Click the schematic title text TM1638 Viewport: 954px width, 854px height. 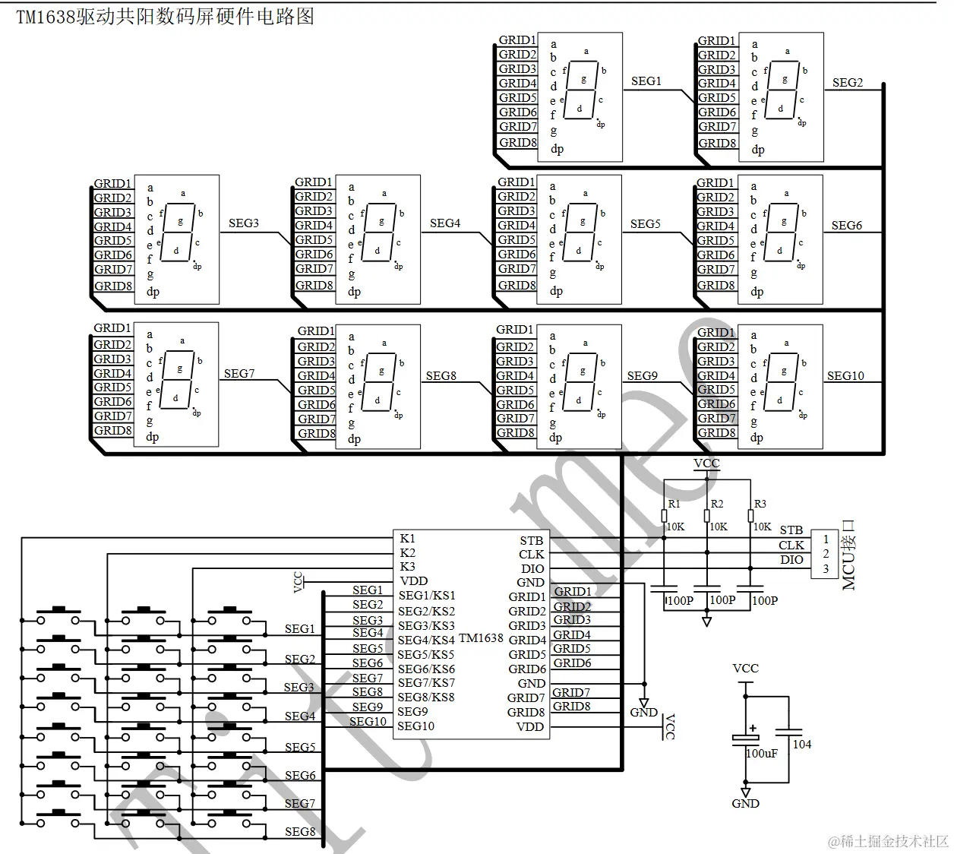[46, 17]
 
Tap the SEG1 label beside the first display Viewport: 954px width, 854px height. [646, 81]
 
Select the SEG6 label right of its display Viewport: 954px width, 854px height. [846, 226]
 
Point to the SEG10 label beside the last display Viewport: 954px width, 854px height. [845, 376]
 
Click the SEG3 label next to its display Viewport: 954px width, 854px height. [243, 223]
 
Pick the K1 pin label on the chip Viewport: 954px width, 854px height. [407, 539]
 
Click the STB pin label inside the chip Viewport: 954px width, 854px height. [531, 541]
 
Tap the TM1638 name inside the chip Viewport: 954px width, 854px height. [481, 638]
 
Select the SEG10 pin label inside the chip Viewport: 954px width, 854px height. [415, 726]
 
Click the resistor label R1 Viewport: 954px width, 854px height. [674, 504]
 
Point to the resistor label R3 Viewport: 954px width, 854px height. [760, 504]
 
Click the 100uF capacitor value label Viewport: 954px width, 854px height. [762, 754]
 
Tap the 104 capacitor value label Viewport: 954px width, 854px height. [802, 745]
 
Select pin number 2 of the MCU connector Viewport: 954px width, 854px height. [826, 554]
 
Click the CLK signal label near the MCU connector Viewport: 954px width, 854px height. [791, 546]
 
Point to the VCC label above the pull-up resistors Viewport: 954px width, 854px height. [706, 463]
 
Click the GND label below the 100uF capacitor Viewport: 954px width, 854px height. [745, 804]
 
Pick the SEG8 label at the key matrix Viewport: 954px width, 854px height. [299, 832]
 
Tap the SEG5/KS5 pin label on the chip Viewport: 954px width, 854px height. [426, 655]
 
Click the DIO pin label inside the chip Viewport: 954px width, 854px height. [532, 569]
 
